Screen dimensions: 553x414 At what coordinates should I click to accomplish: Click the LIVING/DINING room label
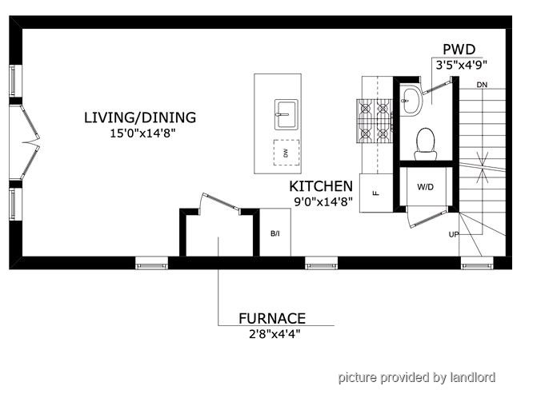tap(140, 117)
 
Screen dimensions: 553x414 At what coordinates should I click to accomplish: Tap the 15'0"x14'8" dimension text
tap(142, 133)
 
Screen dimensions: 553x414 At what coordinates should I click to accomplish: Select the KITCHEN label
tap(321, 186)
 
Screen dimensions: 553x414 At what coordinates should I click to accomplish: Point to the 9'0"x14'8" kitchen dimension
tap(323, 202)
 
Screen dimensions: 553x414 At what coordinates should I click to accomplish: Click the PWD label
tap(459, 50)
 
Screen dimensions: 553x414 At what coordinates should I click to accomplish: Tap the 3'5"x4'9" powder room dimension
tap(461, 66)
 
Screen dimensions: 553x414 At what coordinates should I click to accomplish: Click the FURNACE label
tap(272, 319)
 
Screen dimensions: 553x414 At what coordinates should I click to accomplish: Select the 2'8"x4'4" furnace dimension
tap(274, 334)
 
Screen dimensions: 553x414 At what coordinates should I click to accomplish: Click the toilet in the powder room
tap(425, 144)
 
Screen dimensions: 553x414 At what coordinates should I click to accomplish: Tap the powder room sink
tap(411, 100)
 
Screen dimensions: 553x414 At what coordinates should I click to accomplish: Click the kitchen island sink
tap(286, 114)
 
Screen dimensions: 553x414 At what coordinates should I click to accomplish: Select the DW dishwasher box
tap(287, 153)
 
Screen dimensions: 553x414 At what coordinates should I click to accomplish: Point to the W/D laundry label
tap(425, 187)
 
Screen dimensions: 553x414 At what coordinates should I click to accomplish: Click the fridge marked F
tap(376, 193)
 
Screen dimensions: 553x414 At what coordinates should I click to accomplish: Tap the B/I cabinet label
tap(275, 233)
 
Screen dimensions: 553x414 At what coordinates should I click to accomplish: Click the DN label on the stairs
tap(482, 85)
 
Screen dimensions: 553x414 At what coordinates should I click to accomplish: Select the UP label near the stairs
tap(454, 234)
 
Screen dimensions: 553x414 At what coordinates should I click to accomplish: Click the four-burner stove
tap(375, 121)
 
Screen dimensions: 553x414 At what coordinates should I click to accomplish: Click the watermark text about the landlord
tap(417, 377)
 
